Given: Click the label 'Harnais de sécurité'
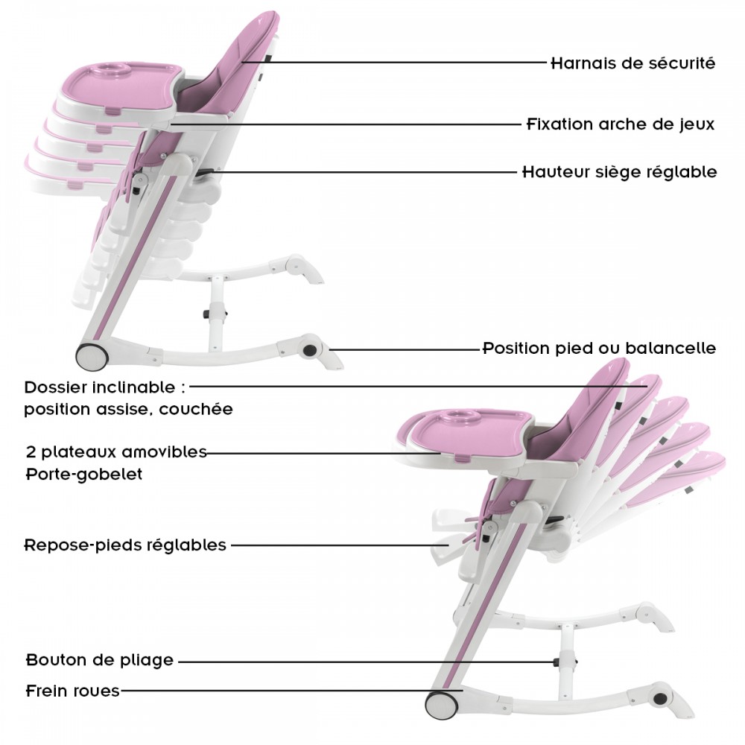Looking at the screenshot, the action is [x=633, y=63].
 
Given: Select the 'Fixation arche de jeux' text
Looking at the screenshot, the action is [x=621, y=124].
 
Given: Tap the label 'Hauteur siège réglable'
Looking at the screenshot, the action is [x=620, y=171].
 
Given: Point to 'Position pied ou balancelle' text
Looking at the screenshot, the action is [x=600, y=348].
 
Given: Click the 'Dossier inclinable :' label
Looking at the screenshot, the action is [x=105, y=387].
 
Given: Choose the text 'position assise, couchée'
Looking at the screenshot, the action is [x=128, y=409].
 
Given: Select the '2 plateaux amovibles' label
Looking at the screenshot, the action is [x=116, y=451].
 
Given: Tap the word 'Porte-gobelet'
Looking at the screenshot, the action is [x=84, y=474].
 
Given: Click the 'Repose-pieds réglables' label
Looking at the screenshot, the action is [x=125, y=545].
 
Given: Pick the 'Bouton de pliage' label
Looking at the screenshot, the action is [x=100, y=660].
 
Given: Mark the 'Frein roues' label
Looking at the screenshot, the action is [x=73, y=691].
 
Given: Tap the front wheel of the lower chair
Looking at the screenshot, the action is [x=441, y=705].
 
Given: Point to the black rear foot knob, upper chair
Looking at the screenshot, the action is [x=310, y=351].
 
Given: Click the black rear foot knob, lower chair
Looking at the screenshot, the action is [x=660, y=699].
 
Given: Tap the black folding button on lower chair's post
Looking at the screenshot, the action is [x=556, y=662].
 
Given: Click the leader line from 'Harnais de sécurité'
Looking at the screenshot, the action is [x=394, y=62].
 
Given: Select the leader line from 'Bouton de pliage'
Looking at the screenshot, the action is [x=365, y=662].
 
